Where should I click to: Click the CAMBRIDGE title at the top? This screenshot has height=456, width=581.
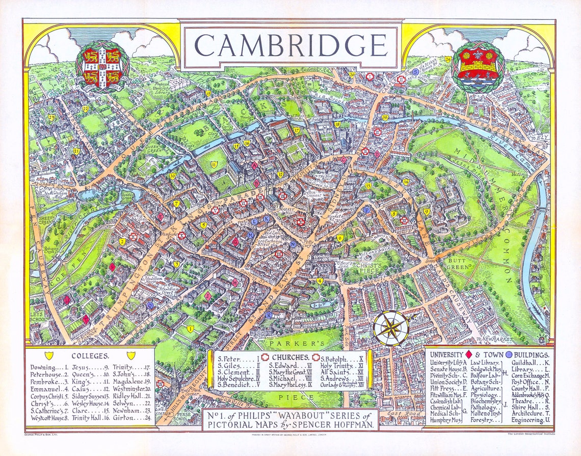pos(290,44)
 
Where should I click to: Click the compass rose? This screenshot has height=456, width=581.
pos(391,328)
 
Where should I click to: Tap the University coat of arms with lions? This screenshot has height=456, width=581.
pos(102,65)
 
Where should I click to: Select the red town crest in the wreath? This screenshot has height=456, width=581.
pos(478,65)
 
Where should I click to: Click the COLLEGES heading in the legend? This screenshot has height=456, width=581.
pos(90,356)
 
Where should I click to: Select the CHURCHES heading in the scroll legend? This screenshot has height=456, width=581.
pos(289,358)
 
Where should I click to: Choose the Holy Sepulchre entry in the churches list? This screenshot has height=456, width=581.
pos(236,378)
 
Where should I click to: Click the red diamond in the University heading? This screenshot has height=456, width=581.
pos(467,354)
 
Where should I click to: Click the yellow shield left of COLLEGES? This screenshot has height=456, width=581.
pos(49,355)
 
